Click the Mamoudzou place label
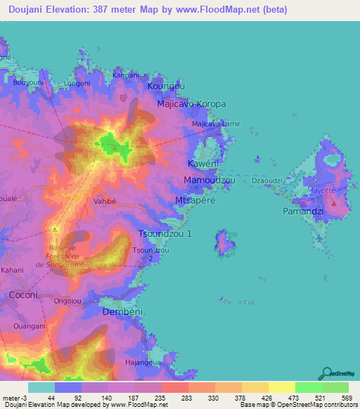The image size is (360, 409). pos(209,181)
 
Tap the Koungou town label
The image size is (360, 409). pos(167,86)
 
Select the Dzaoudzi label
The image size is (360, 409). pos(267,181)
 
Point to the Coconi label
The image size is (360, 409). pos(22,295)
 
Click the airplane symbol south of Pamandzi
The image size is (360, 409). pos(321,238)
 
